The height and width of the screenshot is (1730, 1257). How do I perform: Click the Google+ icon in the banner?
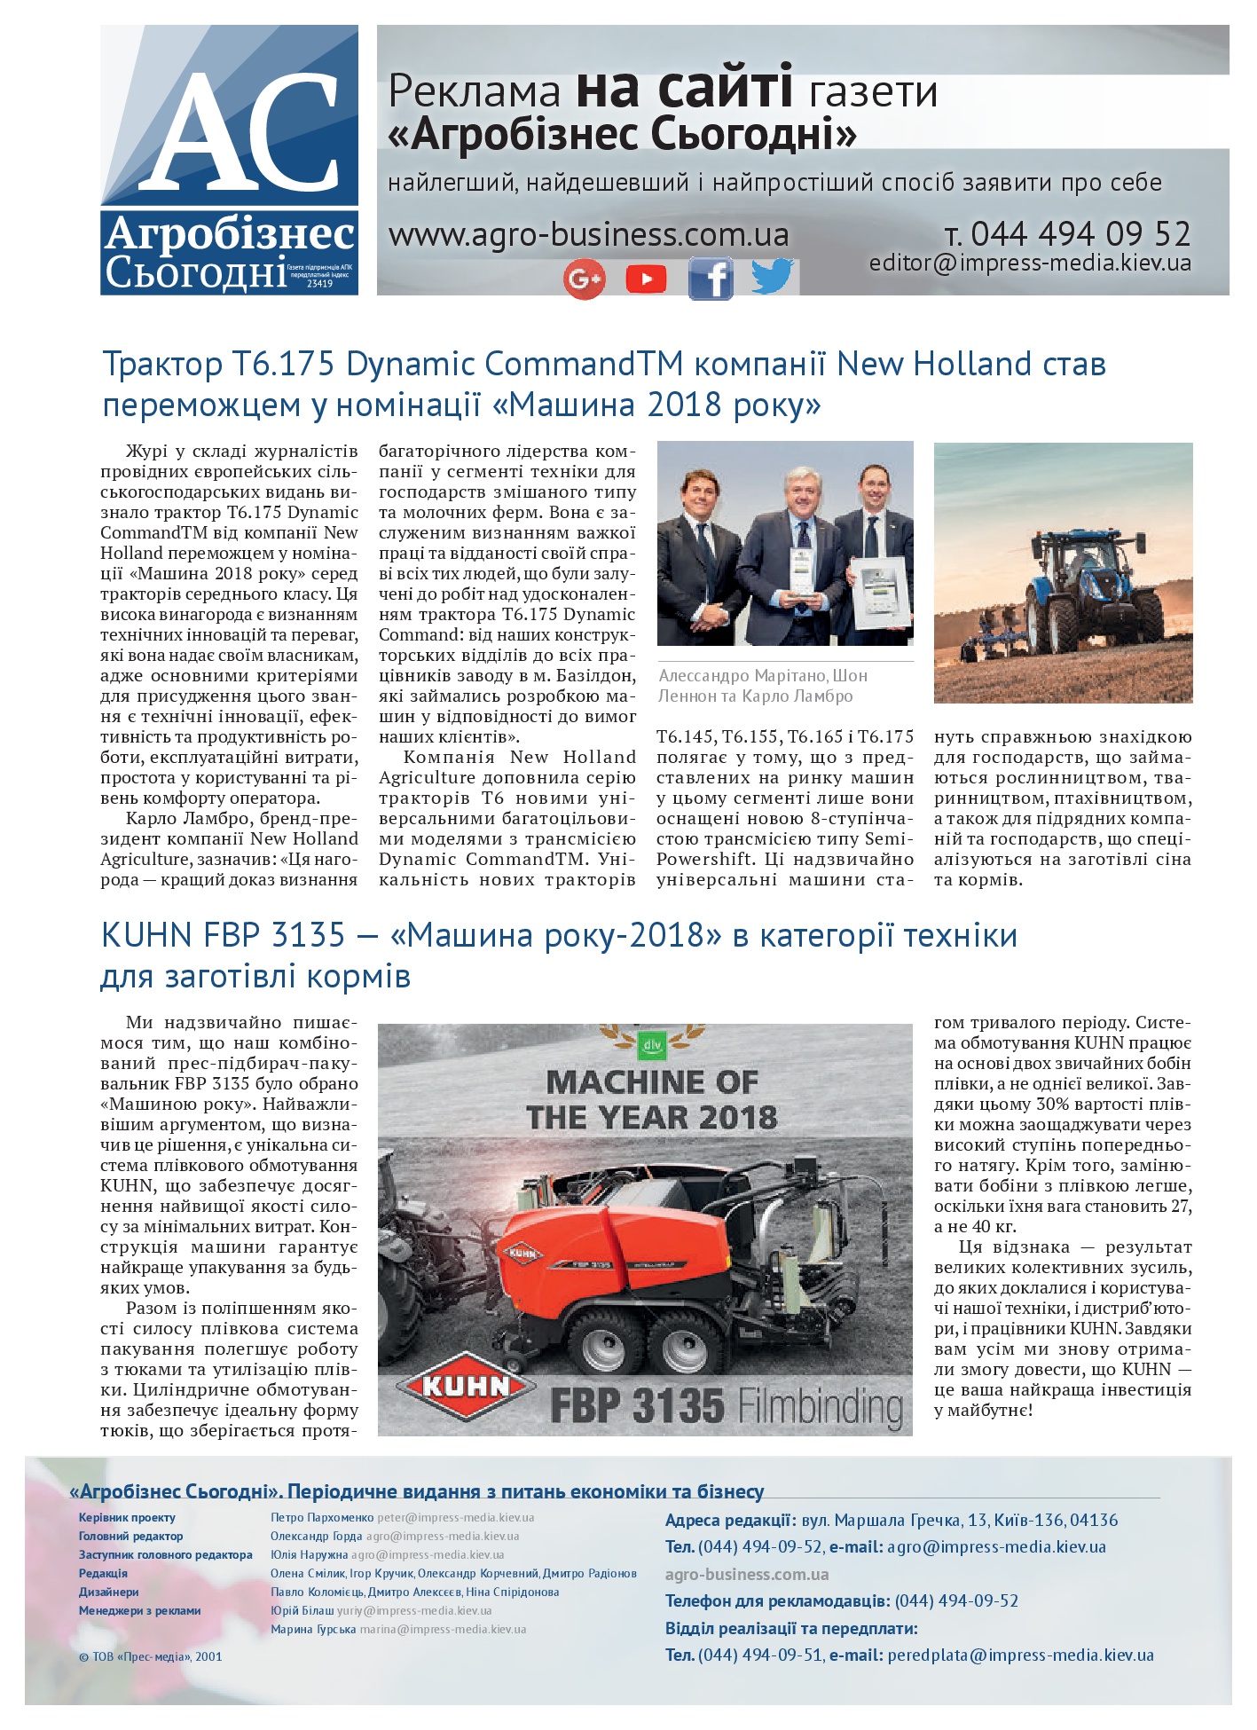584,279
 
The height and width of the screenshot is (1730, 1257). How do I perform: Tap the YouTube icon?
646,279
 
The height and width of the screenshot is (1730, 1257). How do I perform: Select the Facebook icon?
711,279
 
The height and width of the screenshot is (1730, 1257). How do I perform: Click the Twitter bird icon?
773,276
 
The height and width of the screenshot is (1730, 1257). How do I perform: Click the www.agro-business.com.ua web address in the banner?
588,235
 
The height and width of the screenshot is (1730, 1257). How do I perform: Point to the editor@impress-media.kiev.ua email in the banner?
1030,263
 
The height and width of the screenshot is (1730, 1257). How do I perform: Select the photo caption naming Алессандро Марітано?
762,685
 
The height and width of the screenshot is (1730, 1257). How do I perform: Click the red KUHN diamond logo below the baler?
464,1386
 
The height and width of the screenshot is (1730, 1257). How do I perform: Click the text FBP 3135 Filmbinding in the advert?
726,1406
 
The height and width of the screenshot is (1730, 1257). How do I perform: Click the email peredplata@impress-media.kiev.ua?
1020,1655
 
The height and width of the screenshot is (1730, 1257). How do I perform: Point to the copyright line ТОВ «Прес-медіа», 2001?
151,1655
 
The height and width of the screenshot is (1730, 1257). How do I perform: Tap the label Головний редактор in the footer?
130,1536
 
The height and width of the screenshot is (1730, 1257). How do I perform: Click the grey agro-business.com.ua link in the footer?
747,1574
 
